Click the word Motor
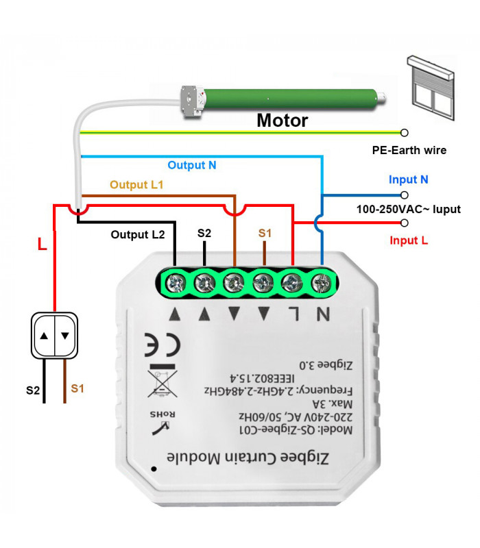(x=283, y=121)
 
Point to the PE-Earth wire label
(x=409, y=149)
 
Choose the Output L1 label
(x=137, y=184)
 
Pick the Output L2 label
(x=138, y=234)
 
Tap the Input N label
(x=409, y=179)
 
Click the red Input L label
(x=409, y=240)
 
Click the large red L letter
(x=42, y=244)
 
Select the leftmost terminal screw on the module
(x=176, y=281)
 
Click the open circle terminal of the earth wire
(x=405, y=132)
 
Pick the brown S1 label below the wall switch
(x=77, y=388)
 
